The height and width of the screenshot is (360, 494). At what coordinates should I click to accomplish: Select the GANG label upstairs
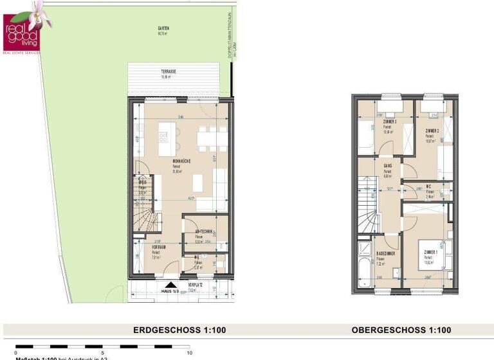click(x=388, y=166)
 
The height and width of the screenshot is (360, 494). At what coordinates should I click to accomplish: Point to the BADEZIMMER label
click(x=385, y=253)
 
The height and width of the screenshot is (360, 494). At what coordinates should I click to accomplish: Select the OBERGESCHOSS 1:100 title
click(x=401, y=330)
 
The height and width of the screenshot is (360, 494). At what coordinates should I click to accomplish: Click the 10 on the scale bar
click(x=188, y=354)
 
